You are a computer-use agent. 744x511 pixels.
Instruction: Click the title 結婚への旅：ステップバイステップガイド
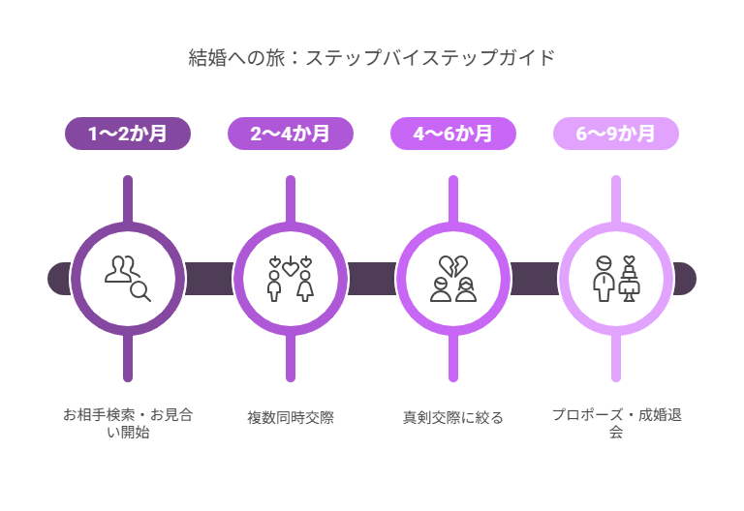click(372, 58)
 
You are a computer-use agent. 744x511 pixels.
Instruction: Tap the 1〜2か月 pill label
click(128, 134)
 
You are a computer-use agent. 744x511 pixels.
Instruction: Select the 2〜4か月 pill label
click(291, 134)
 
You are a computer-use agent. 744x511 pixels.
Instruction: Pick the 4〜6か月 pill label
click(453, 134)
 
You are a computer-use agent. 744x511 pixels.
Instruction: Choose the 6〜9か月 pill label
click(616, 134)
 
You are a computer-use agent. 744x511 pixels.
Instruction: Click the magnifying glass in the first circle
click(140, 291)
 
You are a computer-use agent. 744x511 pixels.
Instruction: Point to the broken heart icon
click(453, 266)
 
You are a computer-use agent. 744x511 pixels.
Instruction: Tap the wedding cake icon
click(629, 279)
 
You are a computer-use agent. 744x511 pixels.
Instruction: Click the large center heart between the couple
click(291, 269)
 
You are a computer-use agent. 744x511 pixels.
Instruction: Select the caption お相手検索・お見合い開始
click(128, 423)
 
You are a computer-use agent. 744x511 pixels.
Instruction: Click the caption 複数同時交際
click(291, 418)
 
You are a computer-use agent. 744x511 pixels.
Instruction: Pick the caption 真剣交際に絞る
click(453, 418)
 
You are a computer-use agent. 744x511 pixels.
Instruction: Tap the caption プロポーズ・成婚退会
click(616, 423)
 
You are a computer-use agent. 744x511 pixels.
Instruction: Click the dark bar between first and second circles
click(209, 279)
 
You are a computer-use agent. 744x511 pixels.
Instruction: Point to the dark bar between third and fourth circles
click(535, 279)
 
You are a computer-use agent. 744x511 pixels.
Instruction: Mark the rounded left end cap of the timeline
click(59, 279)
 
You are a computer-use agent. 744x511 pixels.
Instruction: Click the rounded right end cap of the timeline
click(684, 279)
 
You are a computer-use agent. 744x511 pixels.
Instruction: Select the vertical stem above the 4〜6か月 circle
click(453, 199)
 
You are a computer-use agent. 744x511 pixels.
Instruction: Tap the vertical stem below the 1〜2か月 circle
click(128, 358)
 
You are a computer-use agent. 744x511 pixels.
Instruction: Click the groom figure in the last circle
click(604, 279)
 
